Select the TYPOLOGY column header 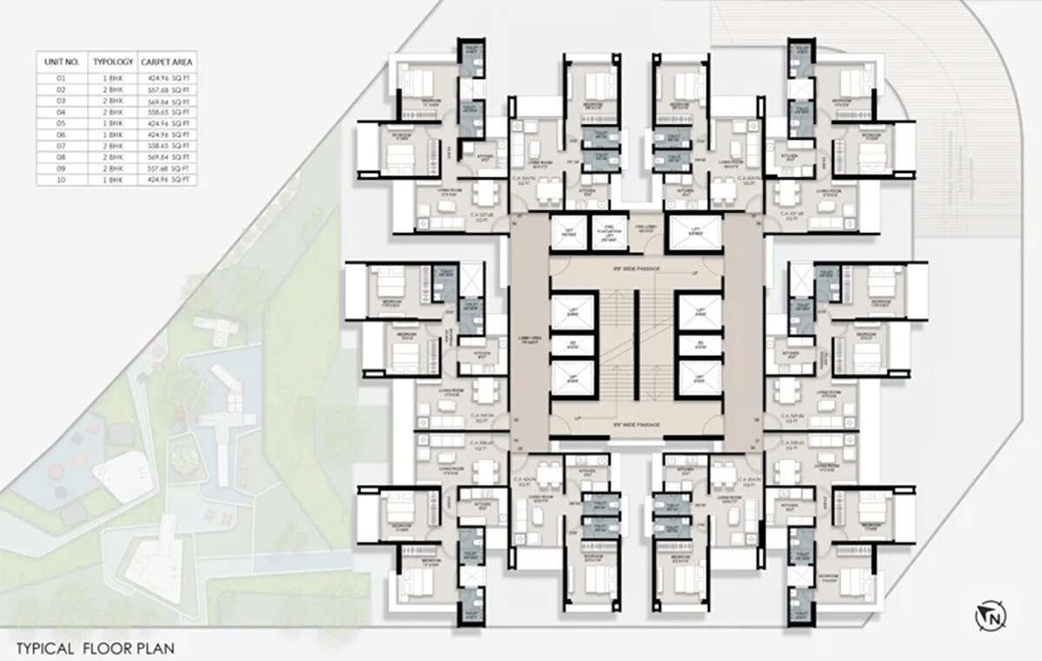tap(113, 63)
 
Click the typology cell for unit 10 tap(113, 179)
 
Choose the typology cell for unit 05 tap(113, 123)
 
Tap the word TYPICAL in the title tap(46, 648)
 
